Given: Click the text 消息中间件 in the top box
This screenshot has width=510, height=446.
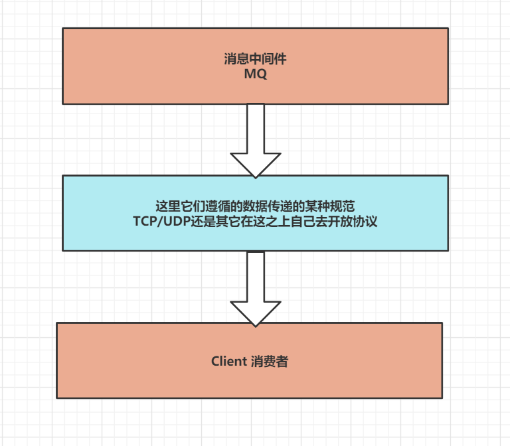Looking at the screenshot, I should [x=255, y=59].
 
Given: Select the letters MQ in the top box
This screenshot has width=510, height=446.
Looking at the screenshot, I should [x=255, y=74].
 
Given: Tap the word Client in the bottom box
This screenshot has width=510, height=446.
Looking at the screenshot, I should [x=229, y=362].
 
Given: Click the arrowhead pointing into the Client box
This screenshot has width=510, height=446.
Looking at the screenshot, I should [x=256, y=313].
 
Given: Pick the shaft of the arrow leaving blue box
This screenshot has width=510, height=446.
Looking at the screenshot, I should [x=256, y=275].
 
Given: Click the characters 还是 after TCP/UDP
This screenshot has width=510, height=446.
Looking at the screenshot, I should [x=193, y=222].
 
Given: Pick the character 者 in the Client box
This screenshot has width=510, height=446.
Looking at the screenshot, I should [x=282, y=362].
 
